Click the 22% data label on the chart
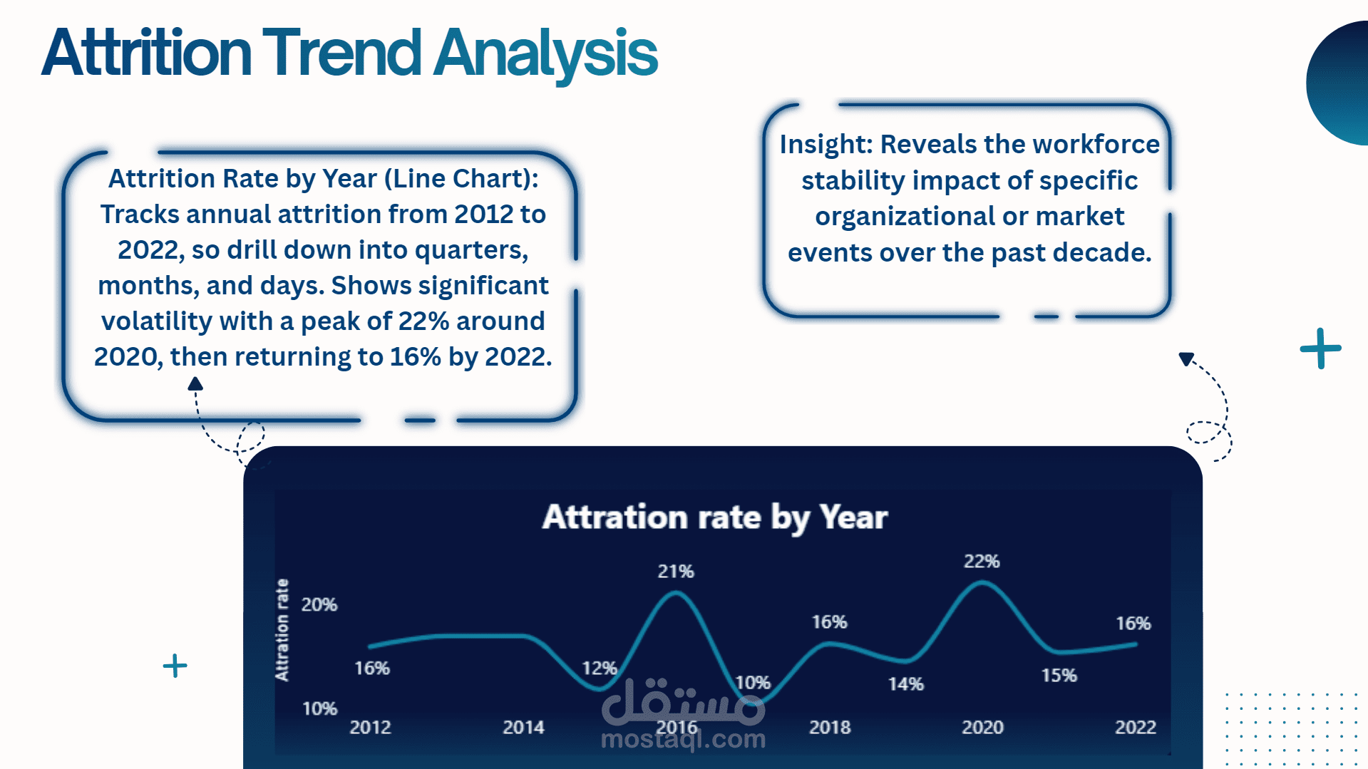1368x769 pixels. click(x=982, y=562)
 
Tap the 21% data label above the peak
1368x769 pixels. click(x=676, y=572)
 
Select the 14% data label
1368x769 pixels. click(x=906, y=684)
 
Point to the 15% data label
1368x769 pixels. click(x=1059, y=676)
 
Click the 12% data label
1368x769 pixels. click(x=600, y=669)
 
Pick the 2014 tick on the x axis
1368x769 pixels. click(x=523, y=728)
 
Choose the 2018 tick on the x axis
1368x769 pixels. click(x=830, y=728)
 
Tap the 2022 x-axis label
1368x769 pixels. click(x=1136, y=728)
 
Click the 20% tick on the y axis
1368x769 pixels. click(x=319, y=605)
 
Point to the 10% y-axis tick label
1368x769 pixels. click(x=319, y=709)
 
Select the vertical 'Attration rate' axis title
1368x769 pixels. click(x=282, y=630)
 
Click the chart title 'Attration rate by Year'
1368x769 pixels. click(x=715, y=518)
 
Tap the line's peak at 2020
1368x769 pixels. click(x=982, y=583)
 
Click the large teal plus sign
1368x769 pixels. click(x=1321, y=349)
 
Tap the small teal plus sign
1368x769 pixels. click(x=175, y=666)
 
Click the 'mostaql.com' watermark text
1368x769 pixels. click(x=683, y=740)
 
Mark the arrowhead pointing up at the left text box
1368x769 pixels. click(x=195, y=384)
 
